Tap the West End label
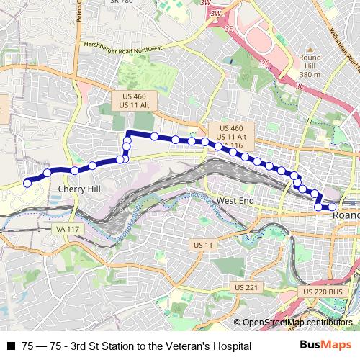235,200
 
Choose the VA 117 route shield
66,229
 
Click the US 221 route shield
246,288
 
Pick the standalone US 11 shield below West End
204,246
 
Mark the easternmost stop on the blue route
333,207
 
